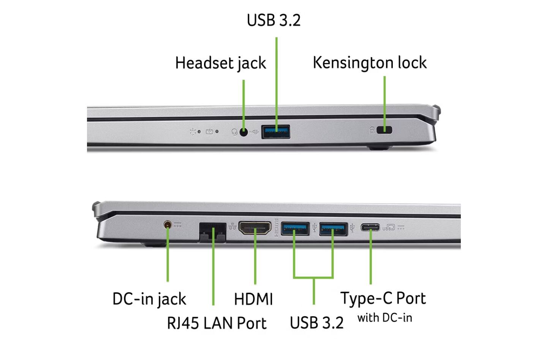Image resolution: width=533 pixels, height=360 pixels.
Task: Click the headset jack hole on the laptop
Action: [x=244, y=132]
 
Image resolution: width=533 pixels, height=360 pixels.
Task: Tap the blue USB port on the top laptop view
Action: [x=276, y=132]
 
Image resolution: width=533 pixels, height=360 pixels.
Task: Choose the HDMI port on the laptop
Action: [x=255, y=228]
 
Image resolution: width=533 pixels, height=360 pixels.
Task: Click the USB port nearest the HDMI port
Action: [x=295, y=228]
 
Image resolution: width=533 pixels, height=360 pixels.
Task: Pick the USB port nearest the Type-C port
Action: [x=333, y=228]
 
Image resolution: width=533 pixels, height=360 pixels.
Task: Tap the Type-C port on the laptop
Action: [x=370, y=228]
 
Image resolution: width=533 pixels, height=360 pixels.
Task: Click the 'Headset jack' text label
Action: [x=220, y=63]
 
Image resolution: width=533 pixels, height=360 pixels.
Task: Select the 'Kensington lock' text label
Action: [x=369, y=63]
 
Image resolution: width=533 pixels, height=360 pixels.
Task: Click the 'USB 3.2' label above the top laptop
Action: [x=274, y=21]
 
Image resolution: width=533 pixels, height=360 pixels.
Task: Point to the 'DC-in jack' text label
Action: [x=149, y=299]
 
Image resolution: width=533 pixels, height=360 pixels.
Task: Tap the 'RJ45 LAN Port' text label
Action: [x=217, y=324]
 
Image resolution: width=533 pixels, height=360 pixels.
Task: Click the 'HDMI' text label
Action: [x=253, y=299]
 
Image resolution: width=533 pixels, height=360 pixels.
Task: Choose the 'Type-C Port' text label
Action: [x=383, y=298]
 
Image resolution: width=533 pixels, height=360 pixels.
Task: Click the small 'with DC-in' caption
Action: [x=384, y=318]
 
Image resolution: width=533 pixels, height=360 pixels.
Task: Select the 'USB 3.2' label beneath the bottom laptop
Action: [x=316, y=323]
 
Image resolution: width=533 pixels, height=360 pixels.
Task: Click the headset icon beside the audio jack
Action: [x=234, y=132]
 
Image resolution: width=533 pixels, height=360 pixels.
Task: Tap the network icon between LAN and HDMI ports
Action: [x=232, y=227]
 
